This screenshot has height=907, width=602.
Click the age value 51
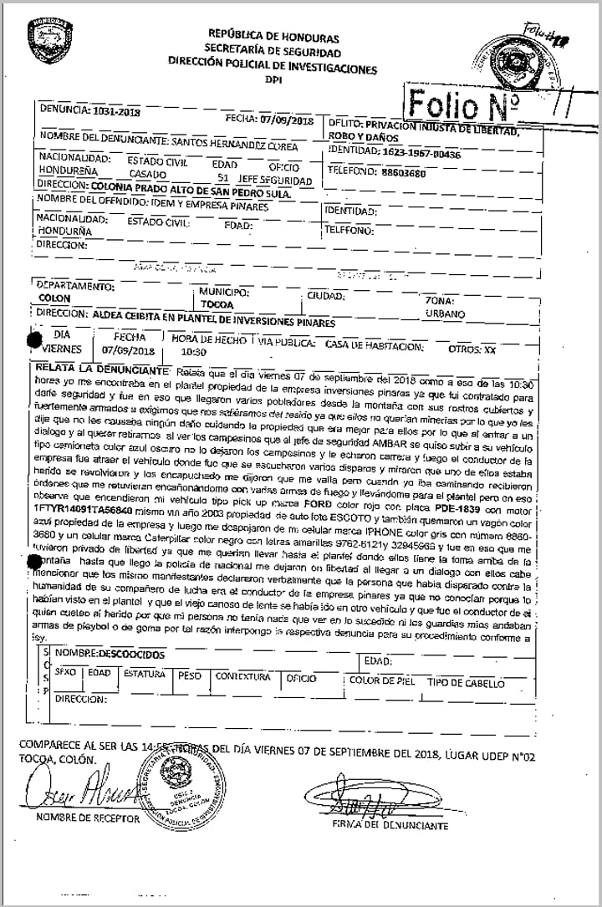point(222,179)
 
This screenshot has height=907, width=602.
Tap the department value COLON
point(55,298)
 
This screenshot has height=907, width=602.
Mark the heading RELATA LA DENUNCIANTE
point(98,369)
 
